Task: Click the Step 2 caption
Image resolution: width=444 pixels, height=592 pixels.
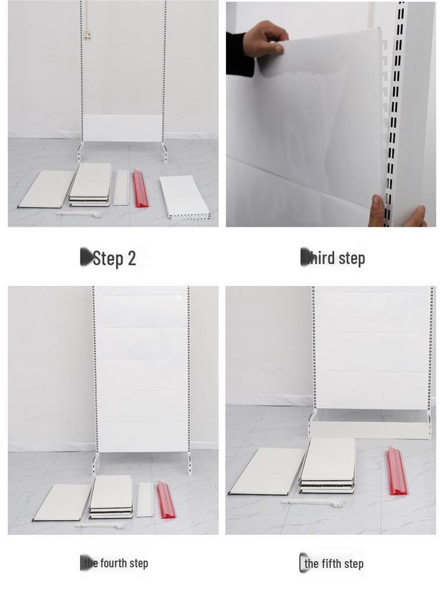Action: pyautogui.click(x=113, y=258)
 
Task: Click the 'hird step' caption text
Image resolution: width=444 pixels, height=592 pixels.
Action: pyautogui.click(x=335, y=258)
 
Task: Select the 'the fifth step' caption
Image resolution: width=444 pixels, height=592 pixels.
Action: pyautogui.click(x=334, y=564)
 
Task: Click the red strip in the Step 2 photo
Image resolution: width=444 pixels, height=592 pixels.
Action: pyautogui.click(x=140, y=189)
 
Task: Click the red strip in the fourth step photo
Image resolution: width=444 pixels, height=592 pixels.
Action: pyautogui.click(x=166, y=500)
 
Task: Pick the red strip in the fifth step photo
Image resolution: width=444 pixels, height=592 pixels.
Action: pyautogui.click(x=396, y=471)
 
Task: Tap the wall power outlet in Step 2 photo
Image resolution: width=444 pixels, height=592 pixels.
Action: pyautogui.click(x=87, y=36)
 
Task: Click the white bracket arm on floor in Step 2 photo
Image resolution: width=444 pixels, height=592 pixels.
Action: pyautogui.click(x=80, y=214)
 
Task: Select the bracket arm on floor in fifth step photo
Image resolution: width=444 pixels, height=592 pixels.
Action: pyautogui.click(x=313, y=503)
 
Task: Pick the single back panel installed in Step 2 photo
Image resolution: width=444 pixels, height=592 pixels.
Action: pyautogui.click(x=123, y=128)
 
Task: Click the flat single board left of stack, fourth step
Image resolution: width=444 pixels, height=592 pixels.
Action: pyautogui.click(x=62, y=502)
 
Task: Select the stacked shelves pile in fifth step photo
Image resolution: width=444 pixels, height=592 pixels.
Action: pyautogui.click(x=328, y=465)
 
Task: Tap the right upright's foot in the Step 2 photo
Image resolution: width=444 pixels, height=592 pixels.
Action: pyautogui.click(x=165, y=153)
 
